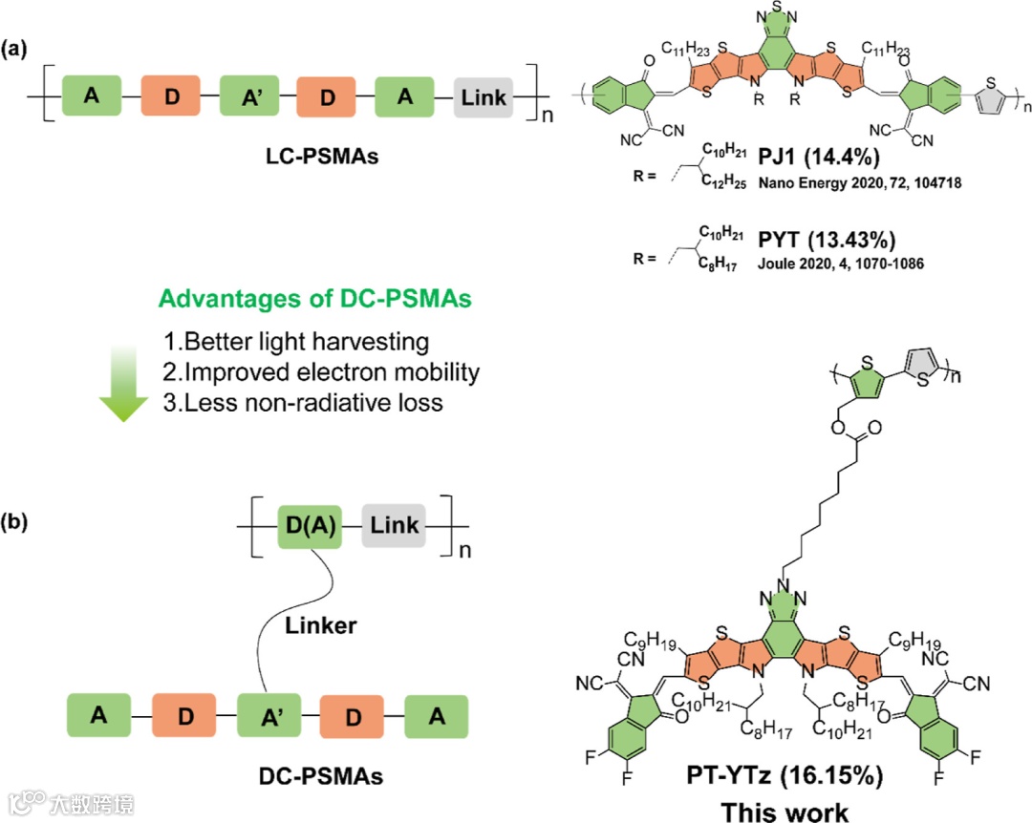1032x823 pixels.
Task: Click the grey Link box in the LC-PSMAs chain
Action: (484, 97)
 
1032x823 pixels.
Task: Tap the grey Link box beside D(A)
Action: (393, 526)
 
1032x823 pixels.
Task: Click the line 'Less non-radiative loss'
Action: (304, 402)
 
